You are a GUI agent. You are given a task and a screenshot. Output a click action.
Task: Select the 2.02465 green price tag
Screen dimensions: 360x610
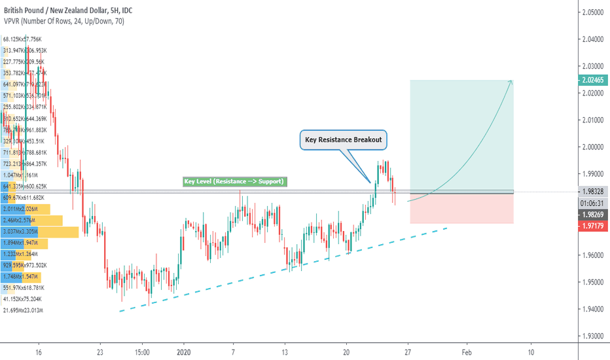click(593, 81)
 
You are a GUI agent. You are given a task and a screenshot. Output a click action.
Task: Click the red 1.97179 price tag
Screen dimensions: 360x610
click(593, 226)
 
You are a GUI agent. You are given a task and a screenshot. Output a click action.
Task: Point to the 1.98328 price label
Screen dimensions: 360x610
click(593, 192)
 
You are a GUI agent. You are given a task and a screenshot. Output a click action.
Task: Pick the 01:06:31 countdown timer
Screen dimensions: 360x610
click(593, 203)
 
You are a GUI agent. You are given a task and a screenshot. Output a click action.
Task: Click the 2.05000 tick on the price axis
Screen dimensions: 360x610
click(593, 12)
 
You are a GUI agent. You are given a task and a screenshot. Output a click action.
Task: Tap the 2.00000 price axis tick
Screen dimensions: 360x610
click(593, 147)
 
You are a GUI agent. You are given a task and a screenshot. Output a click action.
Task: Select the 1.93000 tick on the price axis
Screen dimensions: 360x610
click(593, 336)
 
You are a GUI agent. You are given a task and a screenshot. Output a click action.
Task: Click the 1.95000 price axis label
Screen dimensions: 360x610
click(593, 282)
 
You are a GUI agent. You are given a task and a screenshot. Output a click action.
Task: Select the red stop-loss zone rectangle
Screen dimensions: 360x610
click(461, 208)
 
